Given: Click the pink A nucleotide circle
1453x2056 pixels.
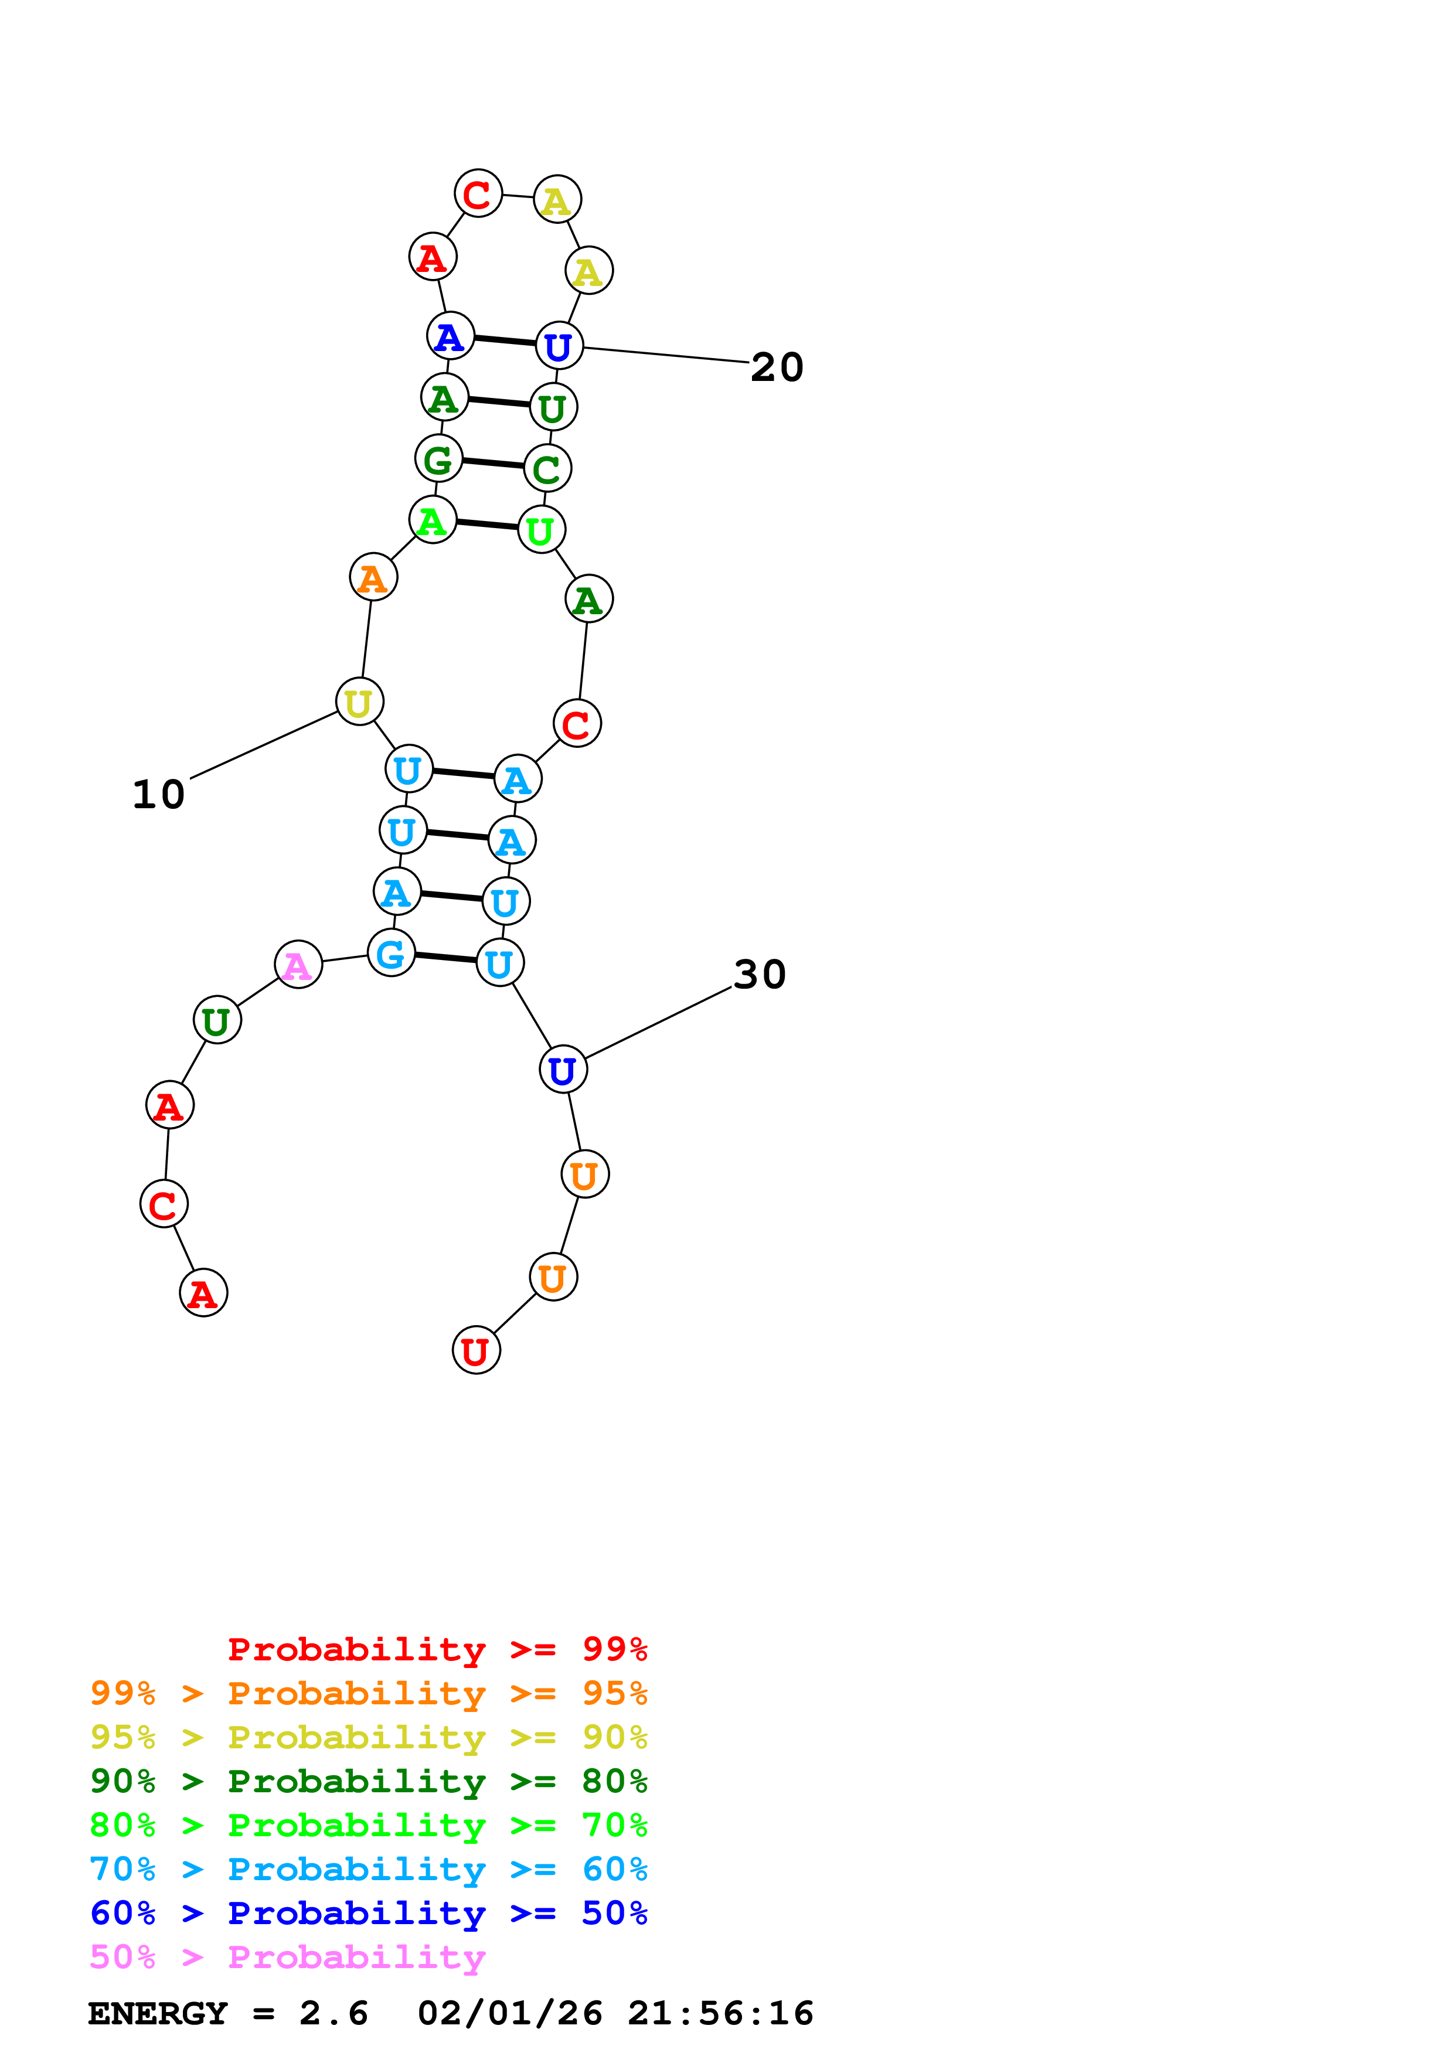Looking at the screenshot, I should [298, 965].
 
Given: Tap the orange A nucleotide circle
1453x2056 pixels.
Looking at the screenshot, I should [373, 577].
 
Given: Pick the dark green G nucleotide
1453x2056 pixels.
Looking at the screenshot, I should [438, 458].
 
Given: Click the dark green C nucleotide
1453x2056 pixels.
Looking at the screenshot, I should [547, 468].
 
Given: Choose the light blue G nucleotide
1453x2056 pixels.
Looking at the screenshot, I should [391, 953].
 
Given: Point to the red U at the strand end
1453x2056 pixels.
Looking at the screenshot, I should [477, 1350].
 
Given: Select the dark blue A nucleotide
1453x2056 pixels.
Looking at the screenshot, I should [450, 336].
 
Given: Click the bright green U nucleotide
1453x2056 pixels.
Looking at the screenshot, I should [541, 530].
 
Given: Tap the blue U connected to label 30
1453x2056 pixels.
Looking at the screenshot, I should [563, 1069].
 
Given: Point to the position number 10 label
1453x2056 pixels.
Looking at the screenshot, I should [158, 794].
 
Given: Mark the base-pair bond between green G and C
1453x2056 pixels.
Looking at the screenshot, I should [494, 463].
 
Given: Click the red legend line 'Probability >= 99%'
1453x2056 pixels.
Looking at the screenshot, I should [437, 1649].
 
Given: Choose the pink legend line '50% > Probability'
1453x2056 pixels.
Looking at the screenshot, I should [287, 1956].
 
